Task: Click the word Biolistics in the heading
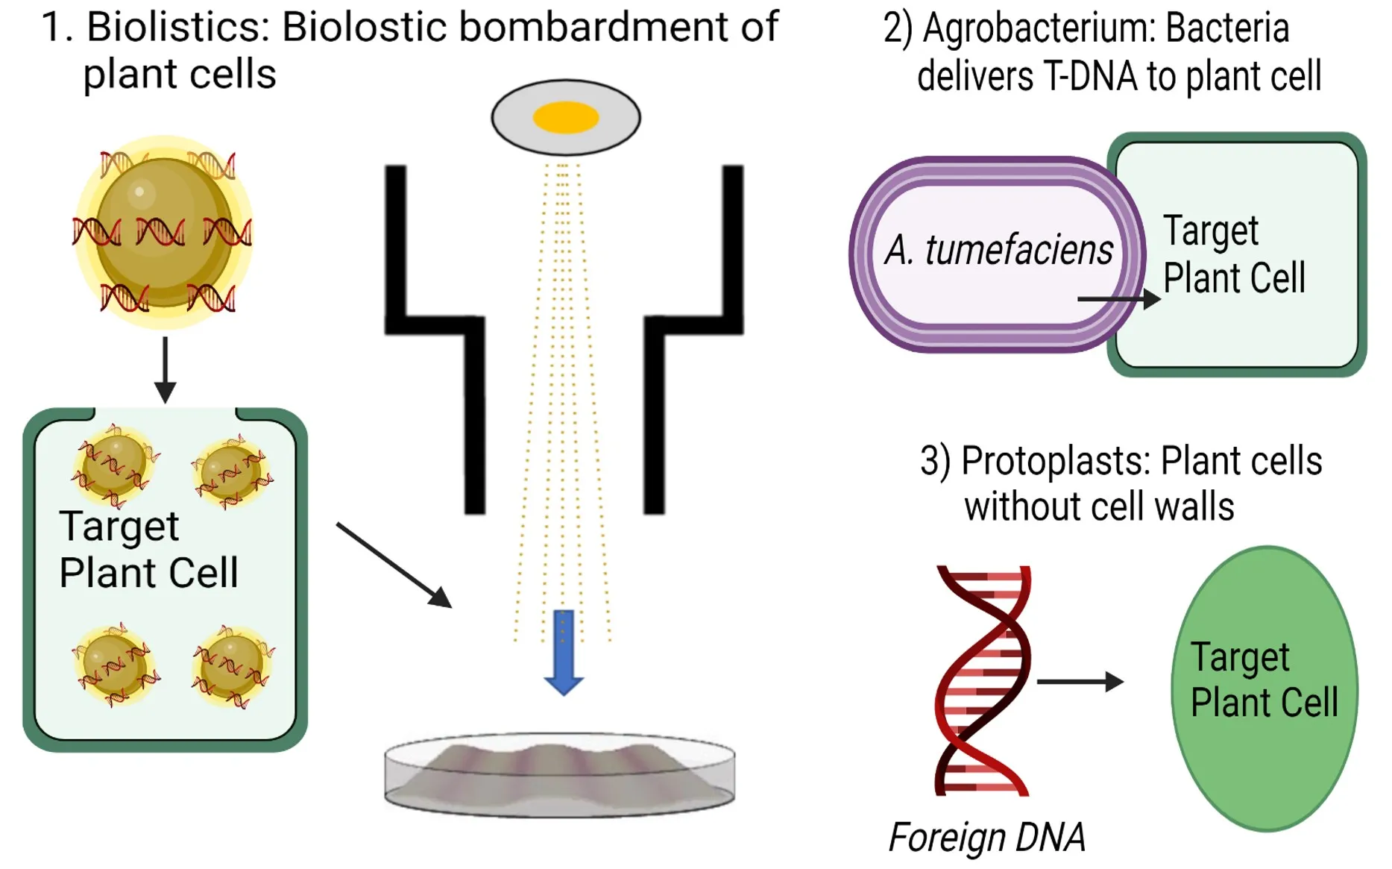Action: coord(177,27)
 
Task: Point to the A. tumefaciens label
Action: coord(998,249)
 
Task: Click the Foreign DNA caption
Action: coord(987,837)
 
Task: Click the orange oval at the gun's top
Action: coord(566,117)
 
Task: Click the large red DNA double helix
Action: coord(983,680)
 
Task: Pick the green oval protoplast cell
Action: coord(1265,688)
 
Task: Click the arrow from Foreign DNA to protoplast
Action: coord(1080,681)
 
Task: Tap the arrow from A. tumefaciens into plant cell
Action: coord(1118,299)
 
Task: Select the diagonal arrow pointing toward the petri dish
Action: coord(394,565)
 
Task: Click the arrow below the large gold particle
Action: coord(165,370)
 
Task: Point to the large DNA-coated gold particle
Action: coord(163,232)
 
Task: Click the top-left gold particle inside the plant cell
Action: coord(114,466)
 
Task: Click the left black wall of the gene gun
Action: coord(435,339)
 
